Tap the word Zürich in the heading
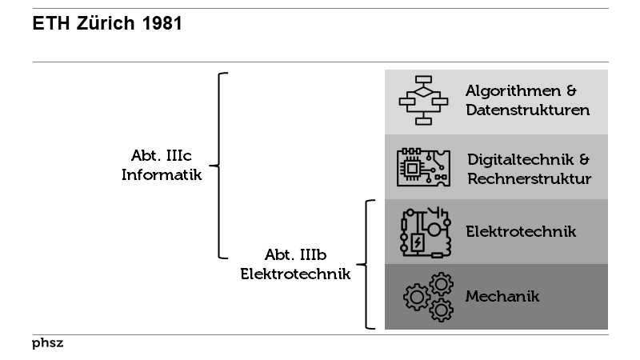[106, 25]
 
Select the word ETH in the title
[49, 25]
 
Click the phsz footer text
[48, 344]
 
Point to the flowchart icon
[423, 101]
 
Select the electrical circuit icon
[423, 232]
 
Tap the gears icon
[427, 297]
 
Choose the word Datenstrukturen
[528, 110]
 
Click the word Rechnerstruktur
[529, 178]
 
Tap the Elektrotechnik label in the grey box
[521, 232]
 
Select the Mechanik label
[502, 297]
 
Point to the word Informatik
[162, 174]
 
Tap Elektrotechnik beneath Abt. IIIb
[296, 274]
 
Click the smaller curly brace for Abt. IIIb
[367, 264]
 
